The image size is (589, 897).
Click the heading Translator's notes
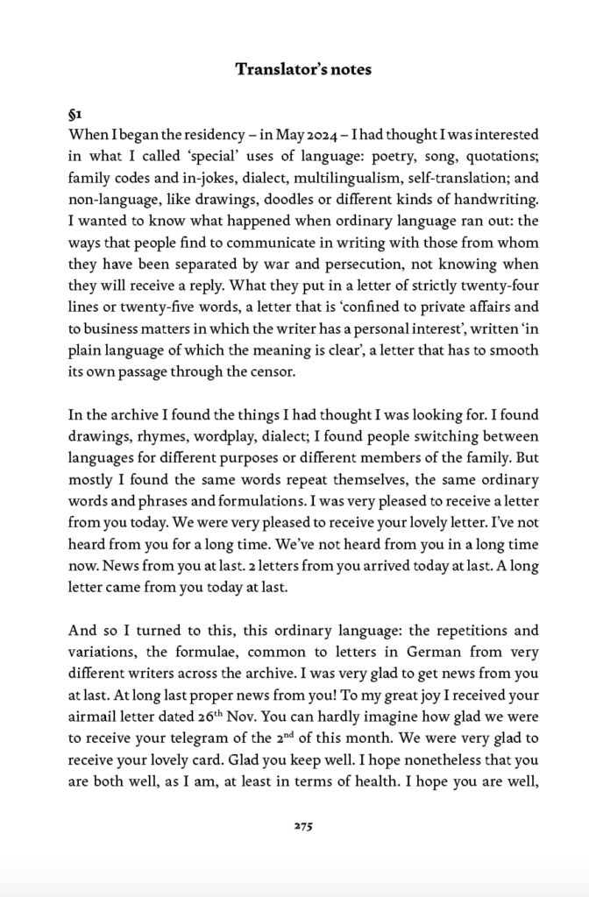(x=302, y=69)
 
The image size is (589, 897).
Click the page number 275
(x=302, y=825)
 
